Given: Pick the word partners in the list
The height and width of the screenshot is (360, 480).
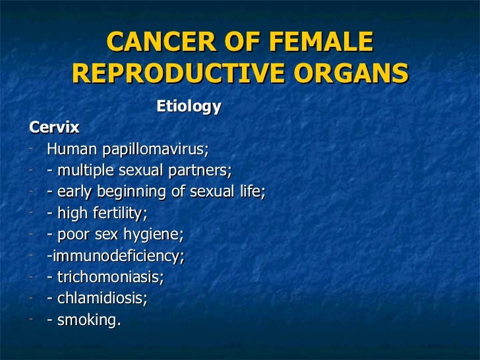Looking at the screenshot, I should (x=202, y=170).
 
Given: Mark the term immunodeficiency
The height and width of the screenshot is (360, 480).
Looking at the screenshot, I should (x=117, y=256).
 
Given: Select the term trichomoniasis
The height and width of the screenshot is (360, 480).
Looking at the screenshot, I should (x=109, y=277).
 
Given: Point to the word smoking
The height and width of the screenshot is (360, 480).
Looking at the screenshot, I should (x=86, y=320).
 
